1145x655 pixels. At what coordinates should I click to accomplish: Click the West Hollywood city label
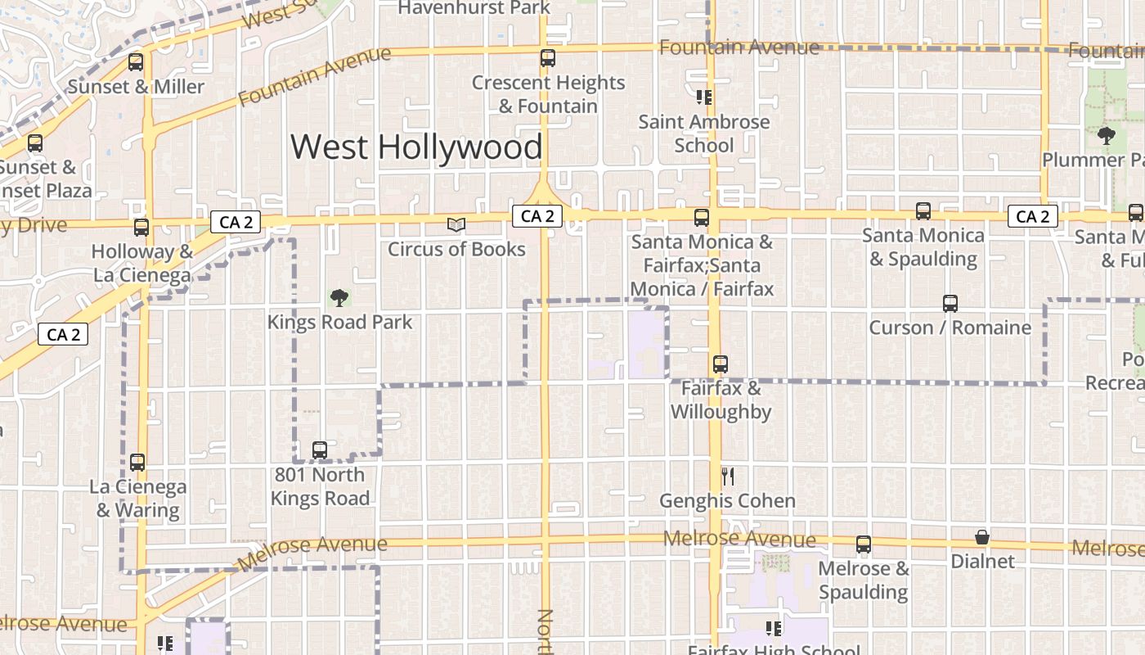coord(416,147)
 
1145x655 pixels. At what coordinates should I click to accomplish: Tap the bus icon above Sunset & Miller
coord(136,61)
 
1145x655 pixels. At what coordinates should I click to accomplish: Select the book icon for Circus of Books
coord(456,224)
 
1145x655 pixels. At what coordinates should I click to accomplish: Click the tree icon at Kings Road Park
coord(339,298)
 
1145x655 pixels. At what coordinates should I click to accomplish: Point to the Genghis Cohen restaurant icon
coord(728,476)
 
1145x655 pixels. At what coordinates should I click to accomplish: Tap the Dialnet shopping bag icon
coord(982,537)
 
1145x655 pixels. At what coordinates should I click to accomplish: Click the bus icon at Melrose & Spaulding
coord(864,544)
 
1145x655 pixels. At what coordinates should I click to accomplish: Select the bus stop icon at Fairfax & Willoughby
coord(720,364)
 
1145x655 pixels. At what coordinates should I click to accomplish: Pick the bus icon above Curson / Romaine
coord(950,304)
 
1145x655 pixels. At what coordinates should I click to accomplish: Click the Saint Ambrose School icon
coord(703,97)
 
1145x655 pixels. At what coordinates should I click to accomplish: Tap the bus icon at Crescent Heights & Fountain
coord(548,58)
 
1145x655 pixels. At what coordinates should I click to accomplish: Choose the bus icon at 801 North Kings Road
coord(320,449)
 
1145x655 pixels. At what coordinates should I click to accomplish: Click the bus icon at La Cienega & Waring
coord(137,463)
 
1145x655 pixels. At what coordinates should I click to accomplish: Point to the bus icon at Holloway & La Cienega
coord(141,227)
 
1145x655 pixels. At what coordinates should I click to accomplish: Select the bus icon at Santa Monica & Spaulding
coord(923,211)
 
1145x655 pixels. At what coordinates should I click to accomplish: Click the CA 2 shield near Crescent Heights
coord(537,216)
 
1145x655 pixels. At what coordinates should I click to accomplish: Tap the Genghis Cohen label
coord(727,500)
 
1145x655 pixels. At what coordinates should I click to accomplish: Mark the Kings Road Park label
coord(340,323)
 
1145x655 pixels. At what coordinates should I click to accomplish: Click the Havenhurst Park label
coord(474,8)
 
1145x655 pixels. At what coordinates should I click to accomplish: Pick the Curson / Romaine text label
coord(950,328)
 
